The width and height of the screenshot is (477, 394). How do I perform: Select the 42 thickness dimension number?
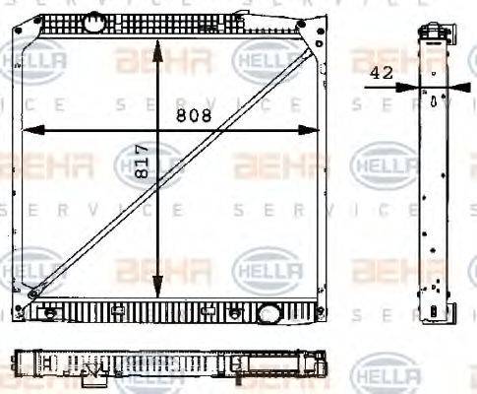pos(383,73)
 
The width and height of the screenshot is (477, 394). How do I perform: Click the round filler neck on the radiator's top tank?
pos(93,20)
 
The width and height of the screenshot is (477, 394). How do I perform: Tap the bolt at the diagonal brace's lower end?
pos(33,293)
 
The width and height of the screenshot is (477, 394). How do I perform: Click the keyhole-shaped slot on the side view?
pos(434,100)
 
